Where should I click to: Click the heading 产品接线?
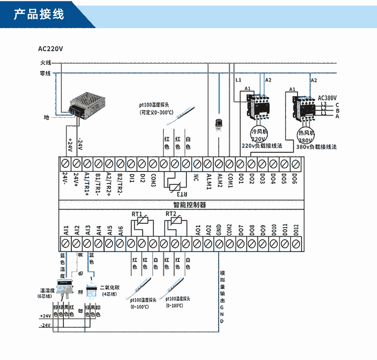(x=39, y=14)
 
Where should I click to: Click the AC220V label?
(x=51, y=49)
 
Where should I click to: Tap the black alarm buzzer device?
(x=219, y=123)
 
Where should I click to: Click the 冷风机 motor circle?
(x=258, y=134)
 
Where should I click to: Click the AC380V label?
(x=327, y=98)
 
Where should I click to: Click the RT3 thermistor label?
(x=183, y=194)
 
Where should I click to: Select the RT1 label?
(x=137, y=214)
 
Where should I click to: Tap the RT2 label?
(x=170, y=214)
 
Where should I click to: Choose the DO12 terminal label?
(x=297, y=230)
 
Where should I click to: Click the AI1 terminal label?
(x=66, y=230)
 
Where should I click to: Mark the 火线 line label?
(x=46, y=63)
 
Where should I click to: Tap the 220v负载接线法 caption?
(x=262, y=146)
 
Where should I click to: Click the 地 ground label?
(x=47, y=117)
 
